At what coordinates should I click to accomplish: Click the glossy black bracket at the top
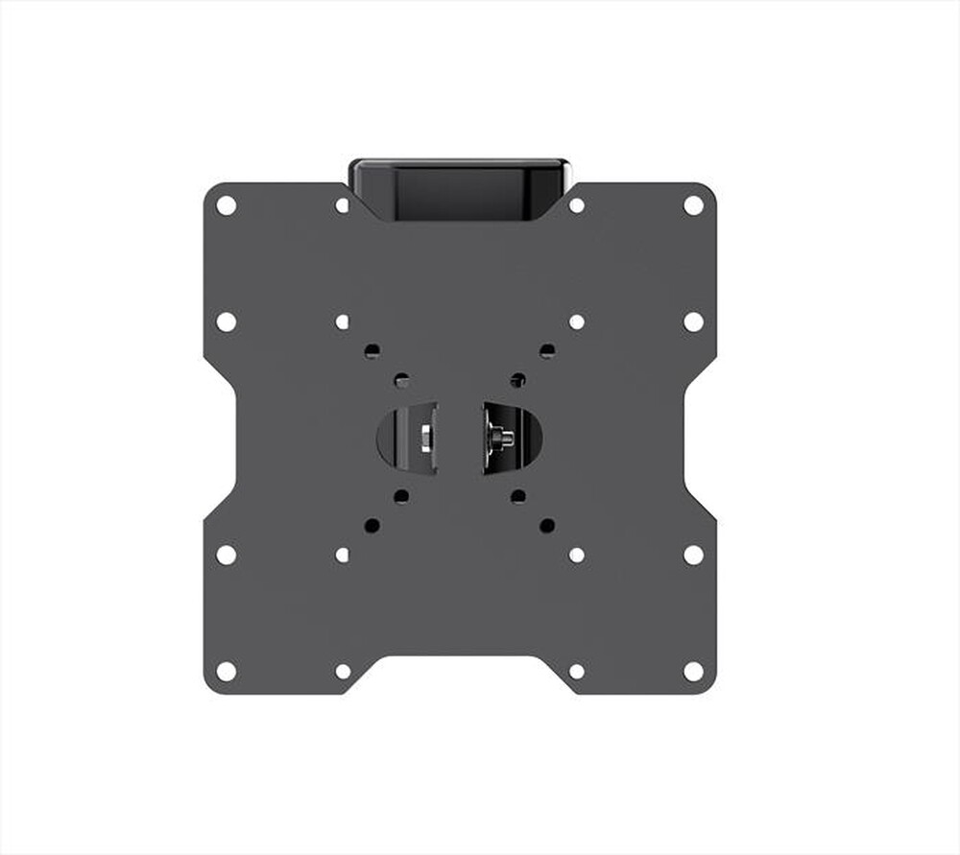point(459,188)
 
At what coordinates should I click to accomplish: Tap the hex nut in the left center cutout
point(422,438)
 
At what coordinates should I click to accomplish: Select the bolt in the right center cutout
point(501,438)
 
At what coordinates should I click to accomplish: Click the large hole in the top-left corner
point(227,204)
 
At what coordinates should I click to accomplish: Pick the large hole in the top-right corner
point(693,204)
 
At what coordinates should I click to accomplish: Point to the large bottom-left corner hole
point(227,671)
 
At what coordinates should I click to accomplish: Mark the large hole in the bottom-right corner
point(693,671)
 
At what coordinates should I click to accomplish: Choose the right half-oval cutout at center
point(515,438)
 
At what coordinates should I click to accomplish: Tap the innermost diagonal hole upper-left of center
point(401,381)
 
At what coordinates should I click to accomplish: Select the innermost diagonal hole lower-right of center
point(518,496)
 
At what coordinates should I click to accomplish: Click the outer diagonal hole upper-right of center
point(547,351)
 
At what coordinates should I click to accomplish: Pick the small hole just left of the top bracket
point(343,205)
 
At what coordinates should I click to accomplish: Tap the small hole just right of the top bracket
point(577,205)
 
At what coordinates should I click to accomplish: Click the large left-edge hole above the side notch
point(227,321)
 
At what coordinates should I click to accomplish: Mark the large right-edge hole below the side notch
point(693,555)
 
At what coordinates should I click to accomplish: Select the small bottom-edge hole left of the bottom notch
point(343,671)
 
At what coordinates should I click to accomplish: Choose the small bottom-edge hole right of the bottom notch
point(577,671)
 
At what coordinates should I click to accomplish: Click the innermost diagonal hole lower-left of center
point(401,496)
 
